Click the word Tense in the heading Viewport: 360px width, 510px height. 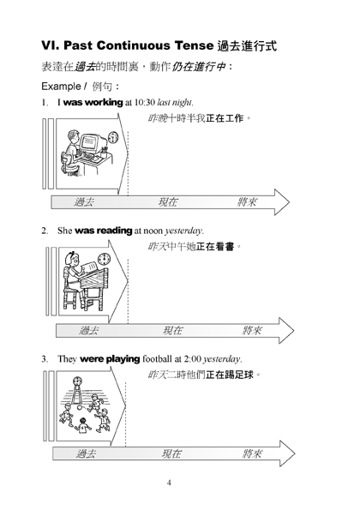pyautogui.click(x=194, y=45)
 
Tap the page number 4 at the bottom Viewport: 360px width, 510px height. pyautogui.click(x=169, y=483)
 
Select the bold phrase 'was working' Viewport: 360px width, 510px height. pyautogui.click(x=93, y=103)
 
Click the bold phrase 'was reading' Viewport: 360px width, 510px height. pyautogui.click(x=103, y=231)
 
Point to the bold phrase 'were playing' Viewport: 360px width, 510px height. pyautogui.click(x=110, y=359)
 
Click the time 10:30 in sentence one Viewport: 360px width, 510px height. pyautogui.click(x=144, y=103)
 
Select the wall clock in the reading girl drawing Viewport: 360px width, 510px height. pyautogui.click(x=104, y=259)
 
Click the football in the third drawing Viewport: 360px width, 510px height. pyautogui.click(x=80, y=408)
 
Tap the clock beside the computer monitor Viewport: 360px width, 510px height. pyautogui.click(x=113, y=137)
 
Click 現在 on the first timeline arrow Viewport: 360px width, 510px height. pyautogui.click(x=168, y=202)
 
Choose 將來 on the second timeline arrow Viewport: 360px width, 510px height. pyautogui.click(x=252, y=331)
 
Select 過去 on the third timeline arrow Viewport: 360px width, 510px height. pyautogui.click(x=86, y=453)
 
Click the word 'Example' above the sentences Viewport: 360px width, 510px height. pyautogui.click(x=61, y=87)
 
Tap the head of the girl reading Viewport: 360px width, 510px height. pyautogui.click(x=71, y=259)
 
